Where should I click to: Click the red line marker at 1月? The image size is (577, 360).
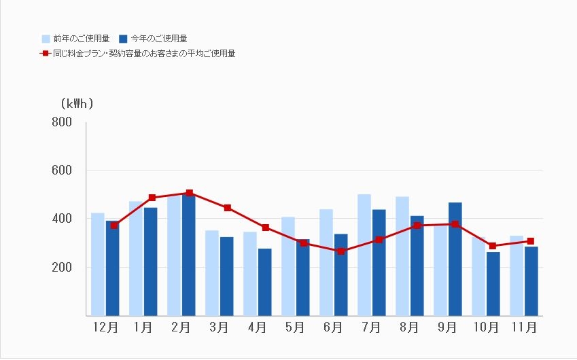click(x=152, y=198)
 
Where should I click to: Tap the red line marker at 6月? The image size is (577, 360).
click(x=341, y=251)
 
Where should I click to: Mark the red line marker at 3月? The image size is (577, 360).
click(x=228, y=208)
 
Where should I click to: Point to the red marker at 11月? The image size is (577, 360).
click(x=531, y=241)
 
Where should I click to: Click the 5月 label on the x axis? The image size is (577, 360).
click(x=294, y=327)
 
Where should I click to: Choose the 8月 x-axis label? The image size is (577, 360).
click(x=408, y=327)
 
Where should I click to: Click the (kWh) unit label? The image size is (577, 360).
click(x=76, y=104)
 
